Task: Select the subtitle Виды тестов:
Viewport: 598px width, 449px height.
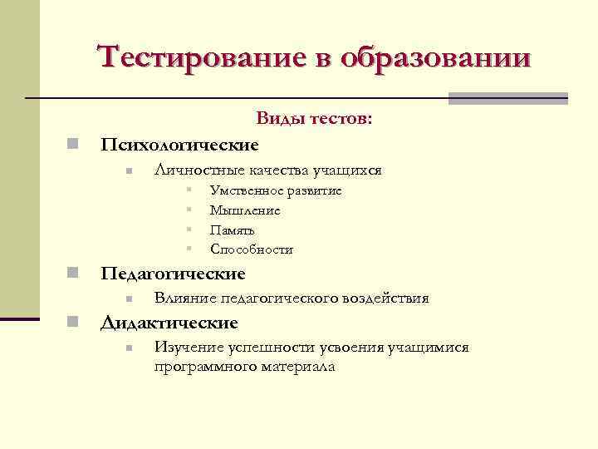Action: (x=314, y=120)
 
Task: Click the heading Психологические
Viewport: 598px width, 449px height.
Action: (x=179, y=145)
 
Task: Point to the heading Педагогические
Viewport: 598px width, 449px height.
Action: (x=173, y=274)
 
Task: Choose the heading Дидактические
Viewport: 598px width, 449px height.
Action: (x=169, y=323)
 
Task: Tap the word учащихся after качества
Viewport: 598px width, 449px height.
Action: (x=347, y=170)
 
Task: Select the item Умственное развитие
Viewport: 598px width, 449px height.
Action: (x=276, y=191)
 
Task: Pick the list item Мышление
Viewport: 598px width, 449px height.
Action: (x=245, y=210)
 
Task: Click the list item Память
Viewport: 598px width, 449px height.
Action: (x=233, y=230)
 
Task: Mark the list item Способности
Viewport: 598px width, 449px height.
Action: (x=252, y=249)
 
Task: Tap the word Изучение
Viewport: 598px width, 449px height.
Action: (x=187, y=347)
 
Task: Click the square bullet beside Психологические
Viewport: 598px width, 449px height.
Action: (x=73, y=145)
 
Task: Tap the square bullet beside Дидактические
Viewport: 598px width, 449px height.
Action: (x=73, y=323)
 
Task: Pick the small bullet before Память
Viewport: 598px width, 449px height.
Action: (x=190, y=229)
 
